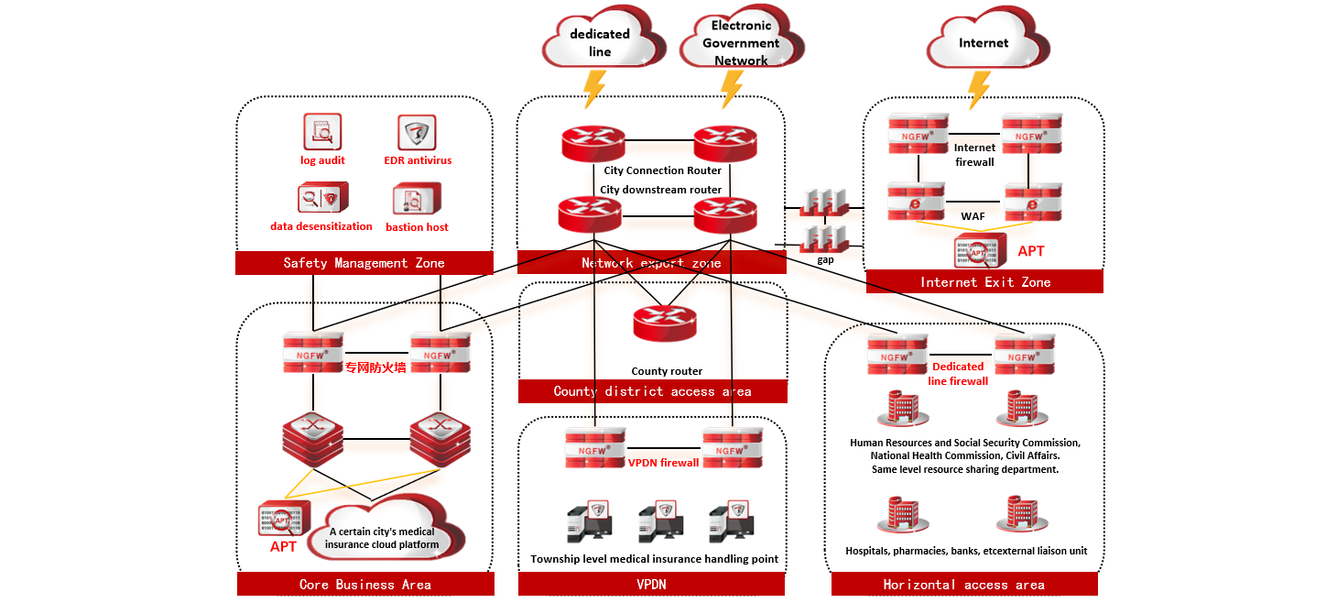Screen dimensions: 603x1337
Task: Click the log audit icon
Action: click(x=322, y=132)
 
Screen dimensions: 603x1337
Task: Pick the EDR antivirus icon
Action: click(x=417, y=133)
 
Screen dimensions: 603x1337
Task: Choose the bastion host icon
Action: click(x=417, y=199)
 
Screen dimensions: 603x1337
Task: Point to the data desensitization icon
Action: click(x=322, y=198)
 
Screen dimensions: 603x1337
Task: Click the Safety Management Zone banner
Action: click(x=364, y=263)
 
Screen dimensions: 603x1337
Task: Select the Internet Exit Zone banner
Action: click(x=984, y=281)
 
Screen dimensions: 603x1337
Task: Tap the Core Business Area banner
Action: click(x=364, y=584)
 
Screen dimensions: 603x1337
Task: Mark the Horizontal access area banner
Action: click(x=963, y=584)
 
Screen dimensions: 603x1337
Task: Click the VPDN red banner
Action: click(x=652, y=584)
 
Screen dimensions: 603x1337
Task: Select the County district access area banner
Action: click(x=652, y=391)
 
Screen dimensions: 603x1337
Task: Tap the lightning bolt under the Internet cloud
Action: click(x=979, y=90)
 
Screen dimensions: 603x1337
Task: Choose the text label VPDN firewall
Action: click(x=663, y=463)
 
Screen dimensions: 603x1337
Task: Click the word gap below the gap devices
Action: click(x=826, y=260)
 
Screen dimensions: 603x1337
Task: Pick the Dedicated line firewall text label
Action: click(x=958, y=374)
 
